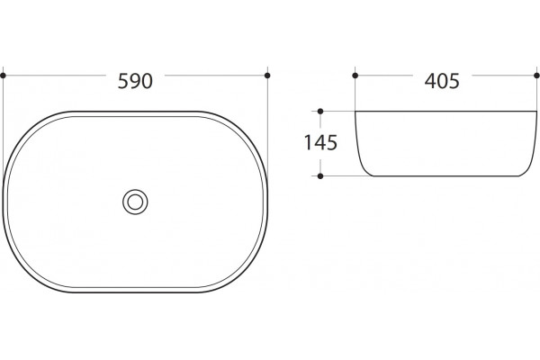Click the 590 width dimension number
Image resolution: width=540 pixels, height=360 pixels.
pos(135,81)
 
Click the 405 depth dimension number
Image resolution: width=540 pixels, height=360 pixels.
pos(442,81)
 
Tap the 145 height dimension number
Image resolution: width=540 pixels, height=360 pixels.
pos(320,142)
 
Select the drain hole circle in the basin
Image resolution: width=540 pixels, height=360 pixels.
pos(135,202)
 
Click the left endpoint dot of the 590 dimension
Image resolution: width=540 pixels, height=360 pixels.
pos(3,76)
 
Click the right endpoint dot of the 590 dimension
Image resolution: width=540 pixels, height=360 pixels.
pos(267,76)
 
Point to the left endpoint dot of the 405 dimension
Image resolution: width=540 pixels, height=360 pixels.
pos(355,76)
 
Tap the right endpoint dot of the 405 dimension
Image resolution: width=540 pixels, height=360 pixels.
pos(536,76)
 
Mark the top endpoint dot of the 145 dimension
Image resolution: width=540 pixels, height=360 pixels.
pos(320,112)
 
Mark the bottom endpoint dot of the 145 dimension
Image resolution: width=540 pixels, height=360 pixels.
pos(320,176)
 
